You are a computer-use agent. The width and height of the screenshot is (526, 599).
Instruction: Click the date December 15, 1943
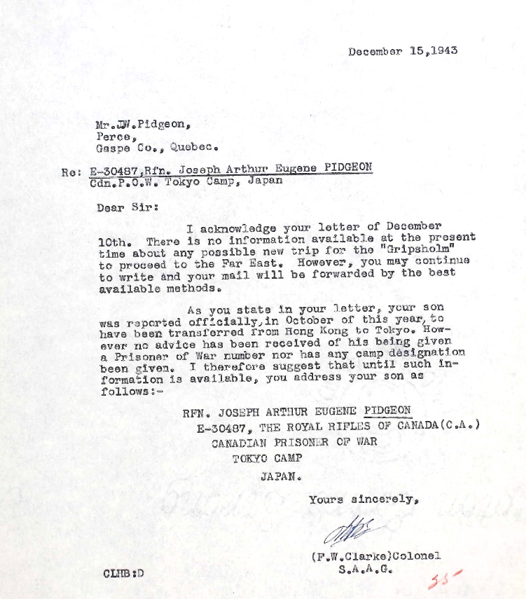[403, 51]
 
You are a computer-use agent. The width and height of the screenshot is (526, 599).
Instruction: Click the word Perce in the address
[112, 136]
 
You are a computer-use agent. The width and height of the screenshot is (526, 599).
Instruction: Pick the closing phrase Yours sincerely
[364, 500]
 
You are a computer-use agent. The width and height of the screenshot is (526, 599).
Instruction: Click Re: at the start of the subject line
[72, 168]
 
